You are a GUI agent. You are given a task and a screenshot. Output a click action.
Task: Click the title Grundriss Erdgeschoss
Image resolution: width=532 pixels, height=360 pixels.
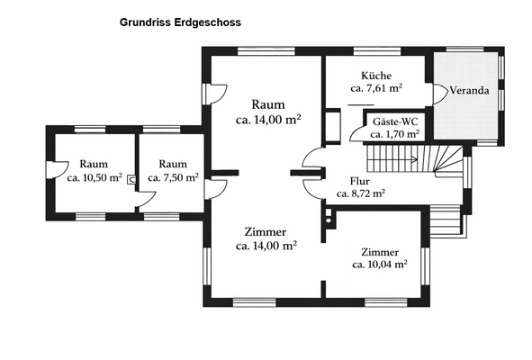click(x=179, y=21)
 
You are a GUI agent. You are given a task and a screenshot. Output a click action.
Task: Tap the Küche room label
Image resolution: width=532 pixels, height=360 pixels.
click(x=375, y=76)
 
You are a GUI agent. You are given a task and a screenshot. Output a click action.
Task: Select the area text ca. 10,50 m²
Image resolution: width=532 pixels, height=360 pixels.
click(x=94, y=177)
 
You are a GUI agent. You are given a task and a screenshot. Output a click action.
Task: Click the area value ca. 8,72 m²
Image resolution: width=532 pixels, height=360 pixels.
click(x=361, y=193)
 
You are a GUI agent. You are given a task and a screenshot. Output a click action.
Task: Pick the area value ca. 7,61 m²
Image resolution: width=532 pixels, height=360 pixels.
click(x=375, y=88)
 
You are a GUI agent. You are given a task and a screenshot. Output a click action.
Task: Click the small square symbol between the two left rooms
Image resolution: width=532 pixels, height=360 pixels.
click(x=132, y=178)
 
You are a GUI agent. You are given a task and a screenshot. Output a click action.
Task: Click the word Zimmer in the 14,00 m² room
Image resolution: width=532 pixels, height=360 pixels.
click(x=266, y=231)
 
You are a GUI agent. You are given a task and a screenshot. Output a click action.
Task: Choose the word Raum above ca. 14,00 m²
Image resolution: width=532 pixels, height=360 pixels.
click(x=267, y=103)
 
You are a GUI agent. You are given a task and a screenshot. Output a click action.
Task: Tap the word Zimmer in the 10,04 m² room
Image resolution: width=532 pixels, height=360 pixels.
click(x=378, y=252)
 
